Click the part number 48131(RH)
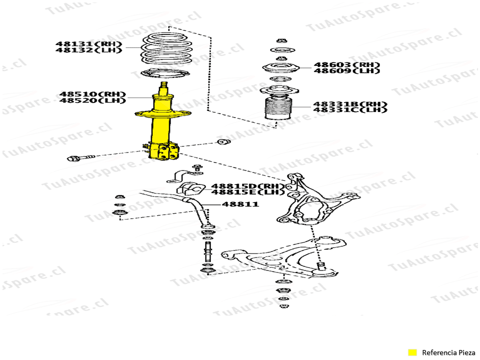point(89,44)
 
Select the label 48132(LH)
point(89,50)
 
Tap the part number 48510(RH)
point(92,94)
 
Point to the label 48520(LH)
point(92,100)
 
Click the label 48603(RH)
point(347,65)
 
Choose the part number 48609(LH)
point(347,70)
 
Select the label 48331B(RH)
point(350,104)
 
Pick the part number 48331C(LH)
point(350,109)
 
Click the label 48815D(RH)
point(246,186)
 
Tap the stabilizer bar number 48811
point(240,204)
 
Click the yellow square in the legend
point(412,352)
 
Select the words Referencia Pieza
point(448,352)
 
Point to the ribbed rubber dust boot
point(278,108)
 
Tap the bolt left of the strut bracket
point(80,158)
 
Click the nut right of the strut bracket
point(224,141)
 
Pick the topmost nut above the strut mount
point(281,40)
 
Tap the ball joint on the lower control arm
point(323,270)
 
